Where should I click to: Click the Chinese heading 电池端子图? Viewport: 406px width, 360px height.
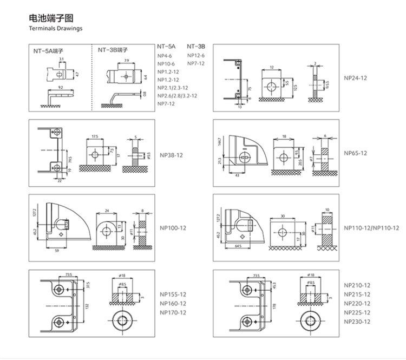coord(46,18)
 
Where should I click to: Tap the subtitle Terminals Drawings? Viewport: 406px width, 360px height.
coord(56,28)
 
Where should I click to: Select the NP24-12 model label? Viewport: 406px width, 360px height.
coord(355,78)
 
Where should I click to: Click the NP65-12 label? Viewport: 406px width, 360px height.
coord(355,153)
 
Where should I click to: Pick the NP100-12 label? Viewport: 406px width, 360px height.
coord(173,228)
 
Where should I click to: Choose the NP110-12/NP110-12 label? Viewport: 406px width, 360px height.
coord(371,228)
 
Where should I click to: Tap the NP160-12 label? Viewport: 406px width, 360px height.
coord(173,304)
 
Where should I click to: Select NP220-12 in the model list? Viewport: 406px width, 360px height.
coord(357,304)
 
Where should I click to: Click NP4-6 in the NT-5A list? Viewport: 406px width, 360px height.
coord(165,55)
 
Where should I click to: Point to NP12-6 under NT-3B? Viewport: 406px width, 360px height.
coord(196,55)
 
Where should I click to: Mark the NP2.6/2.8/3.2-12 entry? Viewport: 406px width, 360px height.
coord(177,95)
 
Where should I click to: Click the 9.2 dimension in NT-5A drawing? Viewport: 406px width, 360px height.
coord(61,88)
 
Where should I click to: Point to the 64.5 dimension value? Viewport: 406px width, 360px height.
coord(239,247)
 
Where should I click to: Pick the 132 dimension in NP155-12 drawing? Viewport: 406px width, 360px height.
coord(87,306)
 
